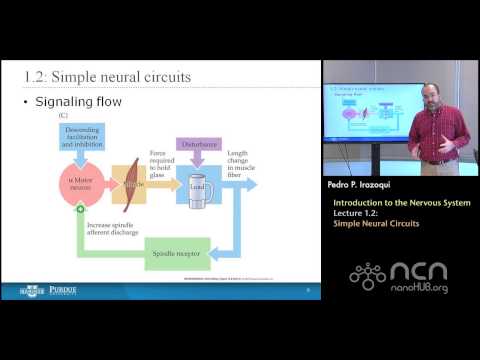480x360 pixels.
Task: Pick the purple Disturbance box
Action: pyautogui.click(x=200, y=144)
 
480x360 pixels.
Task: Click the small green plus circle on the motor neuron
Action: pyautogui.click(x=80, y=211)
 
